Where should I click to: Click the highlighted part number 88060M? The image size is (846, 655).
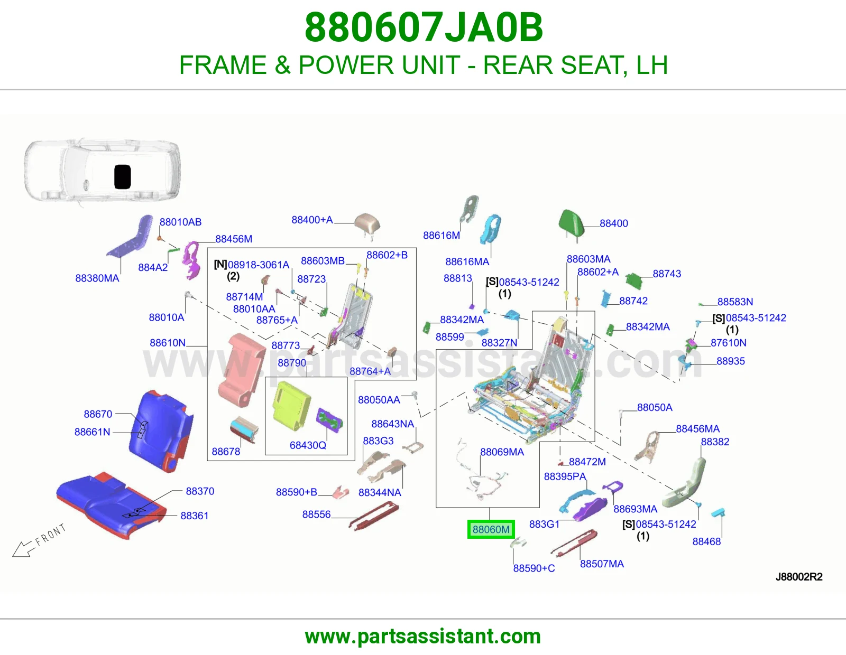[x=491, y=529]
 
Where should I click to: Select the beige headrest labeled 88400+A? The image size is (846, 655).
[x=367, y=225]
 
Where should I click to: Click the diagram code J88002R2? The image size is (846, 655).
[x=799, y=577]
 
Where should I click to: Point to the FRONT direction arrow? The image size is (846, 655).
[x=38, y=541]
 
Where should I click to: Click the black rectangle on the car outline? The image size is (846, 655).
[x=122, y=176]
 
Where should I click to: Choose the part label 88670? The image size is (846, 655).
[x=98, y=414]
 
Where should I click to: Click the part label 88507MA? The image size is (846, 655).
[x=602, y=564]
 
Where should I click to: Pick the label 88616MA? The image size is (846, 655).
[x=467, y=262]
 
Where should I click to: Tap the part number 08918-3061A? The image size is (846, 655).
[x=259, y=265]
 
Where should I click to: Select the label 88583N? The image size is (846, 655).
[x=735, y=302]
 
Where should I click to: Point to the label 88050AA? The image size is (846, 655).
[x=379, y=400]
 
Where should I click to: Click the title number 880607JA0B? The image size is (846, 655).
[x=424, y=27]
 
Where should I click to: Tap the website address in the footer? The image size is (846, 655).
[x=423, y=637]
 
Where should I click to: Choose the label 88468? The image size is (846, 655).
[x=706, y=541]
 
